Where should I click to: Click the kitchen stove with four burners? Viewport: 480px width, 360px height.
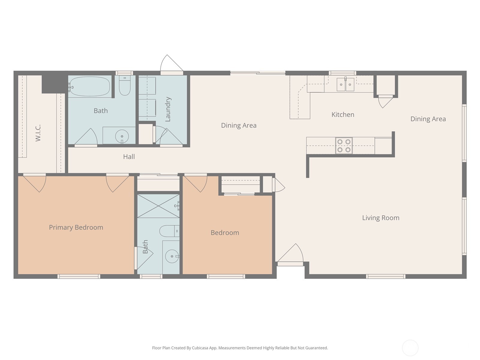pyautogui.click(x=344, y=145)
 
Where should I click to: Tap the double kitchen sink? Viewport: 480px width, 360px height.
pyautogui.click(x=345, y=84)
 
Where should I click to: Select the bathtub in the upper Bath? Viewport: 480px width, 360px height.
pyautogui.click(x=89, y=86)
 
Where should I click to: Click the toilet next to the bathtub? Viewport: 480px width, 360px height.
pyautogui.click(x=125, y=85)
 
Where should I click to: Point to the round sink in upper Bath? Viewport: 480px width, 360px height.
pyautogui.click(x=122, y=136)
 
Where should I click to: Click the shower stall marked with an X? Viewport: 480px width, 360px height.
pyautogui.click(x=158, y=206)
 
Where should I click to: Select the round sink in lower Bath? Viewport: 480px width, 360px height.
pyautogui.click(x=172, y=256)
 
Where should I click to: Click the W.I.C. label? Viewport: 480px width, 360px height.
pyautogui.click(x=38, y=133)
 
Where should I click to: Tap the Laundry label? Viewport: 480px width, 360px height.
pyautogui.click(x=168, y=109)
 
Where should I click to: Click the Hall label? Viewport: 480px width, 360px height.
pyautogui.click(x=129, y=157)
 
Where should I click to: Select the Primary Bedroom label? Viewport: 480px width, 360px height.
pyautogui.click(x=76, y=227)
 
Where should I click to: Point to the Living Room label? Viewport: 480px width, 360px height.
pyautogui.click(x=381, y=218)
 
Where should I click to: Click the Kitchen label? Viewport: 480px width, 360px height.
pyautogui.click(x=343, y=115)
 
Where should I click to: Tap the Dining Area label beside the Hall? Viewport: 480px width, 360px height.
pyautogui.click(x=239, y=125)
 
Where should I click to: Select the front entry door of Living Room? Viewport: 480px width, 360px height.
pyautogui.click(x=290, y=255)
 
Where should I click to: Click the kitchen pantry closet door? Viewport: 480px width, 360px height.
pyautogui.click(x=385, y=101)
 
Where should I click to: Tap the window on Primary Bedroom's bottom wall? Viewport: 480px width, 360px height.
pyautogui.click(x=79, y=276)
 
